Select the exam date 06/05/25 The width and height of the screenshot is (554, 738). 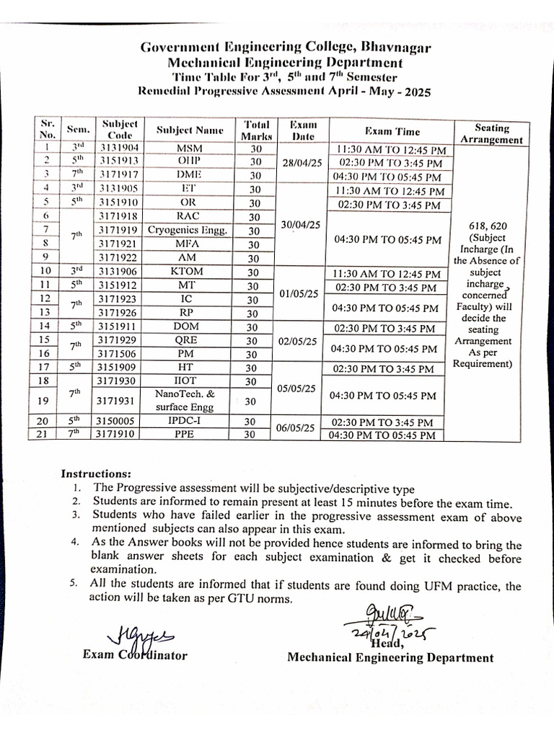[x=299, y=428]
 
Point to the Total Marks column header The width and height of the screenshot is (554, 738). [x=257, y=130]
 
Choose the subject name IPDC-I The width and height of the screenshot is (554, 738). [x=190, y=422]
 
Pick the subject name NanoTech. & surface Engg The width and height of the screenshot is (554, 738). [x=190, y=399]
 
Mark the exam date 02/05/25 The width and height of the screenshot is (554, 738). [x=299, y=341]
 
